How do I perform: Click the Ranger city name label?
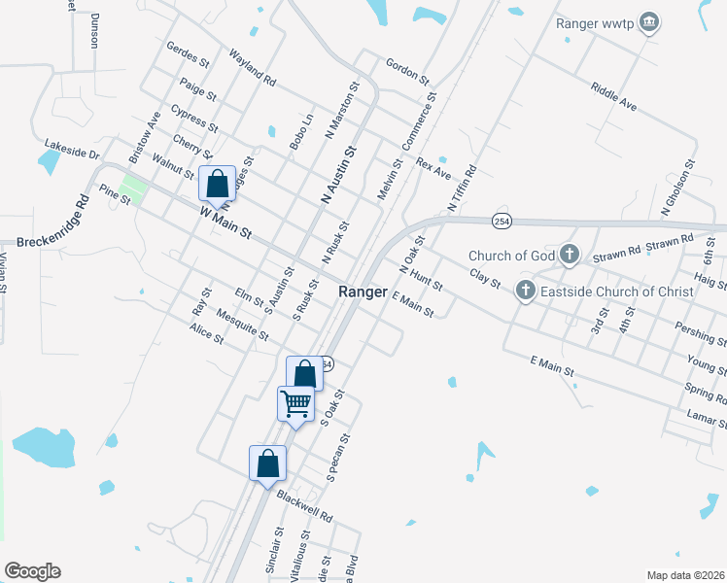tap(363, 291)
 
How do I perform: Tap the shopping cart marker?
tap(296, 403)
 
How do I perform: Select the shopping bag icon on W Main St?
tap(218, 183)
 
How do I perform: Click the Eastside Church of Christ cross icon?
tap(525, 291)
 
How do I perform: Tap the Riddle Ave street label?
tap(612, 95)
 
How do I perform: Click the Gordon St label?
tap(406, 68)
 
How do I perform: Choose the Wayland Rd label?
tap(253, 66)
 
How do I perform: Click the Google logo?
tap(32, 571)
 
